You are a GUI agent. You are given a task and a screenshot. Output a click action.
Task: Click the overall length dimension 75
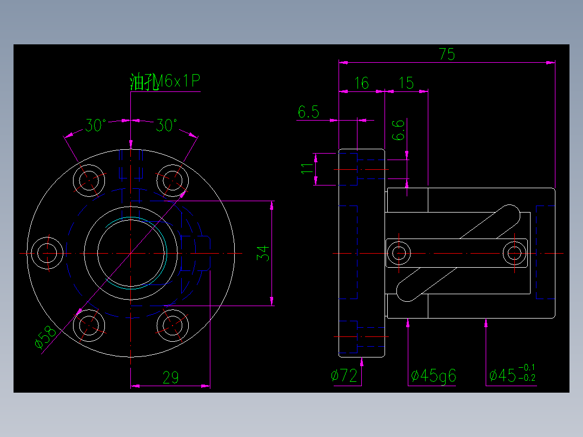click(447, 54)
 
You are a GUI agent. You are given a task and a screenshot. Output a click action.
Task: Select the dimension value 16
click(361, 83)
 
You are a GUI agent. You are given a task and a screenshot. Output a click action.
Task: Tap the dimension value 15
click(406, 83)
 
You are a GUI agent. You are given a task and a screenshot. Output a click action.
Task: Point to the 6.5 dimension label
click(308, 112)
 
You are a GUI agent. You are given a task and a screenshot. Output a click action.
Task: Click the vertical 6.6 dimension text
click(399, 130)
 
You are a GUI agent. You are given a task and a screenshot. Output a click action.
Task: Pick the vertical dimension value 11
click(307, 169)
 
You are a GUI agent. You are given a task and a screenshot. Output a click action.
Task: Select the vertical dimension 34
click(262, 253)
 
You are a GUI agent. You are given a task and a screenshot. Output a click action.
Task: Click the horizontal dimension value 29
click(170, 378)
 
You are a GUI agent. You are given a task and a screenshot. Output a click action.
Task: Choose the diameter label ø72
click(344, 375)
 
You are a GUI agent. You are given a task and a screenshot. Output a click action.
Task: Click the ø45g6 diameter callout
click(433, 375)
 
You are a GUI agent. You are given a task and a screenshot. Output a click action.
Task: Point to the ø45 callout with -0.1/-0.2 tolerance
click(512, 374)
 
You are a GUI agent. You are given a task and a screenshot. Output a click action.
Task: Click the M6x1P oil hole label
click(165, 82)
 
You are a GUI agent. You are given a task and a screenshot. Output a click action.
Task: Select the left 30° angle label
click(95, 126)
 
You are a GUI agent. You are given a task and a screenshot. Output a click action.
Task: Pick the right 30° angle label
click(167, 126)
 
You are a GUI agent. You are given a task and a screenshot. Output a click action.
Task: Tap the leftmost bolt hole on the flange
click(47, 253)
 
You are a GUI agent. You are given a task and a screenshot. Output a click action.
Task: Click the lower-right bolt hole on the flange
click(171, 326)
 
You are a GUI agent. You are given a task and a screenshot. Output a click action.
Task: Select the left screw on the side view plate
click(400, 253)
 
